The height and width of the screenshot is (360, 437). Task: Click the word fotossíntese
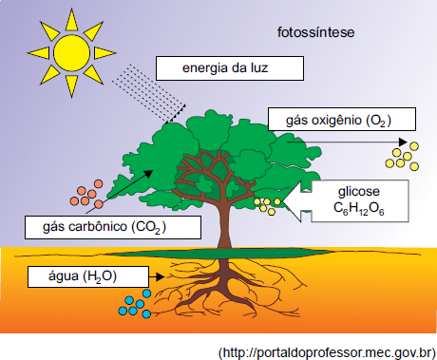click(315, 32)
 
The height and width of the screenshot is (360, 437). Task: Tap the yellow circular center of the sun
click(72, 53)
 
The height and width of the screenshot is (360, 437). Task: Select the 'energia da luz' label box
click(230, 68)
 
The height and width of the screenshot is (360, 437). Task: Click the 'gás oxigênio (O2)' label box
click(342, 119)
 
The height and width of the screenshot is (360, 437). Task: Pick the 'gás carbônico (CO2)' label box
click(113, 227)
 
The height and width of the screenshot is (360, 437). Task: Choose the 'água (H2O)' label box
click(88, 276)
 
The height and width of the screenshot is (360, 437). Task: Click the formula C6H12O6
click(359, 209)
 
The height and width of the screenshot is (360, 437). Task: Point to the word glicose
click(359, 191)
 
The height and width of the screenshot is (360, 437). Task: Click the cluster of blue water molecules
click(135, 304)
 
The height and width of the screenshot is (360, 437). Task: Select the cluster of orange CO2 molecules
click(86, 194)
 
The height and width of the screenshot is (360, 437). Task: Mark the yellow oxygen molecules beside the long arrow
click(402, 156)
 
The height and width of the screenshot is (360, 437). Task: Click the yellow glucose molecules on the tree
click(267, 206)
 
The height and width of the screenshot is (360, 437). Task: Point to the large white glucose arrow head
click(297, 201)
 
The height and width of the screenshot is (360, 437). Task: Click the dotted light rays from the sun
click(149, 93)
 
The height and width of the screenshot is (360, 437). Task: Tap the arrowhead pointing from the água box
click(161, 277)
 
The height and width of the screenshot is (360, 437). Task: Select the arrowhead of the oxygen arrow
click(403, 142)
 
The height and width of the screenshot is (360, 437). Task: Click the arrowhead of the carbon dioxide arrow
click(148, 175)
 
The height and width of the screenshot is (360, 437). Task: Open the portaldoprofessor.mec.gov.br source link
click(328, 352)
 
